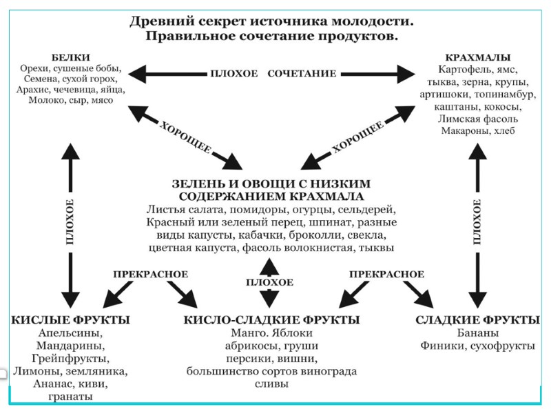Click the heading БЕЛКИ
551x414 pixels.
coord(70,57)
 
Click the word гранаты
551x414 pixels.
coord(70,397)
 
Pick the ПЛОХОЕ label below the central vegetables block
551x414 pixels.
coord(270,282)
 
